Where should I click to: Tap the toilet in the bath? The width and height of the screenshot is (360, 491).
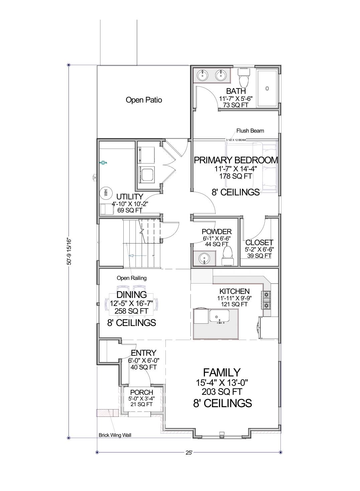[x=244, y=78]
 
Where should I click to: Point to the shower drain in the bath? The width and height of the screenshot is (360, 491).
[x=267, y=89]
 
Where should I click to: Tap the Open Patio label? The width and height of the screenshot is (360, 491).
[x=144, y=100]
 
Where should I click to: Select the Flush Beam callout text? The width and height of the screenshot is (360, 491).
[x=250, y=131]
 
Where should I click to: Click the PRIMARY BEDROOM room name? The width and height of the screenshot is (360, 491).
[x=236, y=160]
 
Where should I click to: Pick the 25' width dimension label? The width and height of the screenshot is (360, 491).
[x=189, y=453]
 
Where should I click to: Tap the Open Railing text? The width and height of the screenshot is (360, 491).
[x=131, y=278]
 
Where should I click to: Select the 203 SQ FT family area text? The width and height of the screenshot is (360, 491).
[x=222, y=391]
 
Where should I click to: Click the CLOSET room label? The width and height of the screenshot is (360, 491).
[x=259, y=242]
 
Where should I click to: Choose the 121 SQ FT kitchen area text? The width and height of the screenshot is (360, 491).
[x=234, y=304]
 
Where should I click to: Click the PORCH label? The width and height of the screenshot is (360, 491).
[x=141, y=392]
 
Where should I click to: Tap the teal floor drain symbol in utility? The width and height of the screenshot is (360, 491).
[x=103, y=163]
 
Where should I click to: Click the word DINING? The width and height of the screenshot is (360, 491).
[x=131, y=295]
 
